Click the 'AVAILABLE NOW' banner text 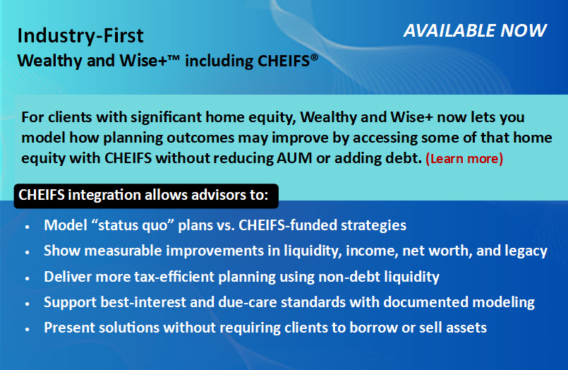(x=475, y=30)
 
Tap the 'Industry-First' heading (x=80, y=35)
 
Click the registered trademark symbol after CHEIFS (x=314, y=57)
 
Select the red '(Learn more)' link (x=464, y=159)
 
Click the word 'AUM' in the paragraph (x=294, y=158)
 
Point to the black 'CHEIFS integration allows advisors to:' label (x=146, y=196)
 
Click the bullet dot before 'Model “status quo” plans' (x=28, y=227)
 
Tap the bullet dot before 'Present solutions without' (x=28, y=330)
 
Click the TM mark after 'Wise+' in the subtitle (x=174, y=57)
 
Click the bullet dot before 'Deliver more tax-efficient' (x=28, y=278)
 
